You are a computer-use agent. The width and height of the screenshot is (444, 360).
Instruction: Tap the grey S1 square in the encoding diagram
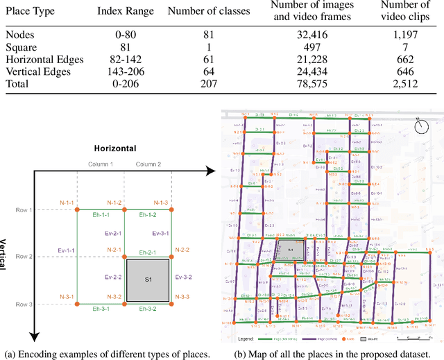tap(148, 279)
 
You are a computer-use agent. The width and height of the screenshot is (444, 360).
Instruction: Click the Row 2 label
tap(24, 257)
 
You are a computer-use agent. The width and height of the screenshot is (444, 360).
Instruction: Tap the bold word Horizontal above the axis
tap(115, 148)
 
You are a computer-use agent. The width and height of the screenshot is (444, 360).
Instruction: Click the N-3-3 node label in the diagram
tap(182, 297)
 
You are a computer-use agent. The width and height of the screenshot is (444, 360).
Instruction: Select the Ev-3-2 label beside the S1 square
tap(184, 277)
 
